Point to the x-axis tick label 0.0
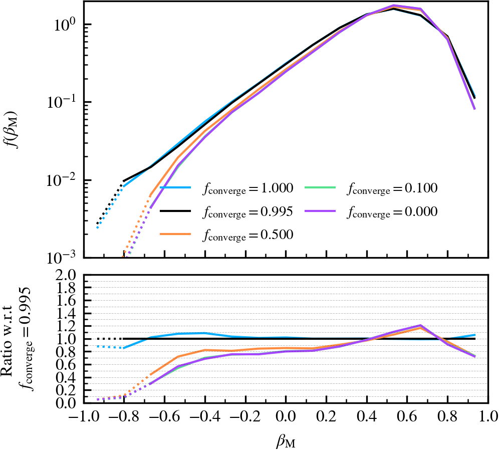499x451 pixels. point(285,417)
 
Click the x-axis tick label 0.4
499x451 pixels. point(367,417)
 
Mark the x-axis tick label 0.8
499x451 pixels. point(448,417)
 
